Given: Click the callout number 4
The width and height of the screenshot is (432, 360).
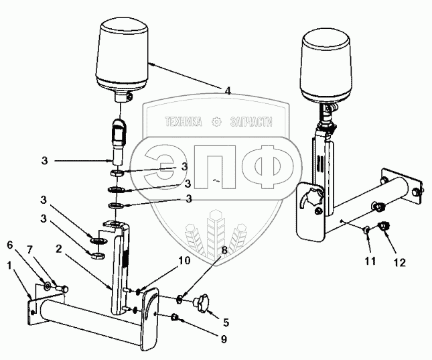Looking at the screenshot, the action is click(228, 90).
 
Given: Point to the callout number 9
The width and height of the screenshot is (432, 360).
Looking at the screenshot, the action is click(224, 339).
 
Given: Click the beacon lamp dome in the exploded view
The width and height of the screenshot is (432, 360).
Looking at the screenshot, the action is click(125, 55).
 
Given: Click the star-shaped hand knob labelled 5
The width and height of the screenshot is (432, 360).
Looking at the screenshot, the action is click(200, 305).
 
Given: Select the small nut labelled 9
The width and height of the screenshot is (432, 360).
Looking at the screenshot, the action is click(175, 316).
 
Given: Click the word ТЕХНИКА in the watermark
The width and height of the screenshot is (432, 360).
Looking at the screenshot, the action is click(183, 123).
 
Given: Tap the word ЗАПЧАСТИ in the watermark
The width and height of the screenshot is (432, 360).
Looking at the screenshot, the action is click(251, 123).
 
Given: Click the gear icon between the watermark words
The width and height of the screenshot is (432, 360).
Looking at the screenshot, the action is click(216, 123).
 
